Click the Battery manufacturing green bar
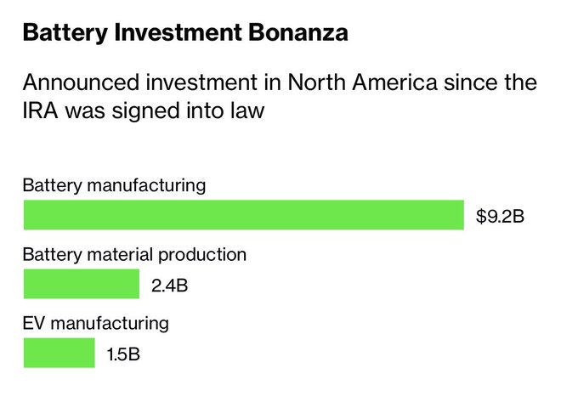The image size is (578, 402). coord(243,215)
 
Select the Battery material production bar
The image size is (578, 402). coord(81,284)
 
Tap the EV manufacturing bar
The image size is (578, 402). coord(59,353)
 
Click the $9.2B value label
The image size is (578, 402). coord(501,216)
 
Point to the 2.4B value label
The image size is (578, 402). coord(169,285)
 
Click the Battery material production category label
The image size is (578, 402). coord(134,254)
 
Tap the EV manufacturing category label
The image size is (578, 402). coord(95,323)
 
